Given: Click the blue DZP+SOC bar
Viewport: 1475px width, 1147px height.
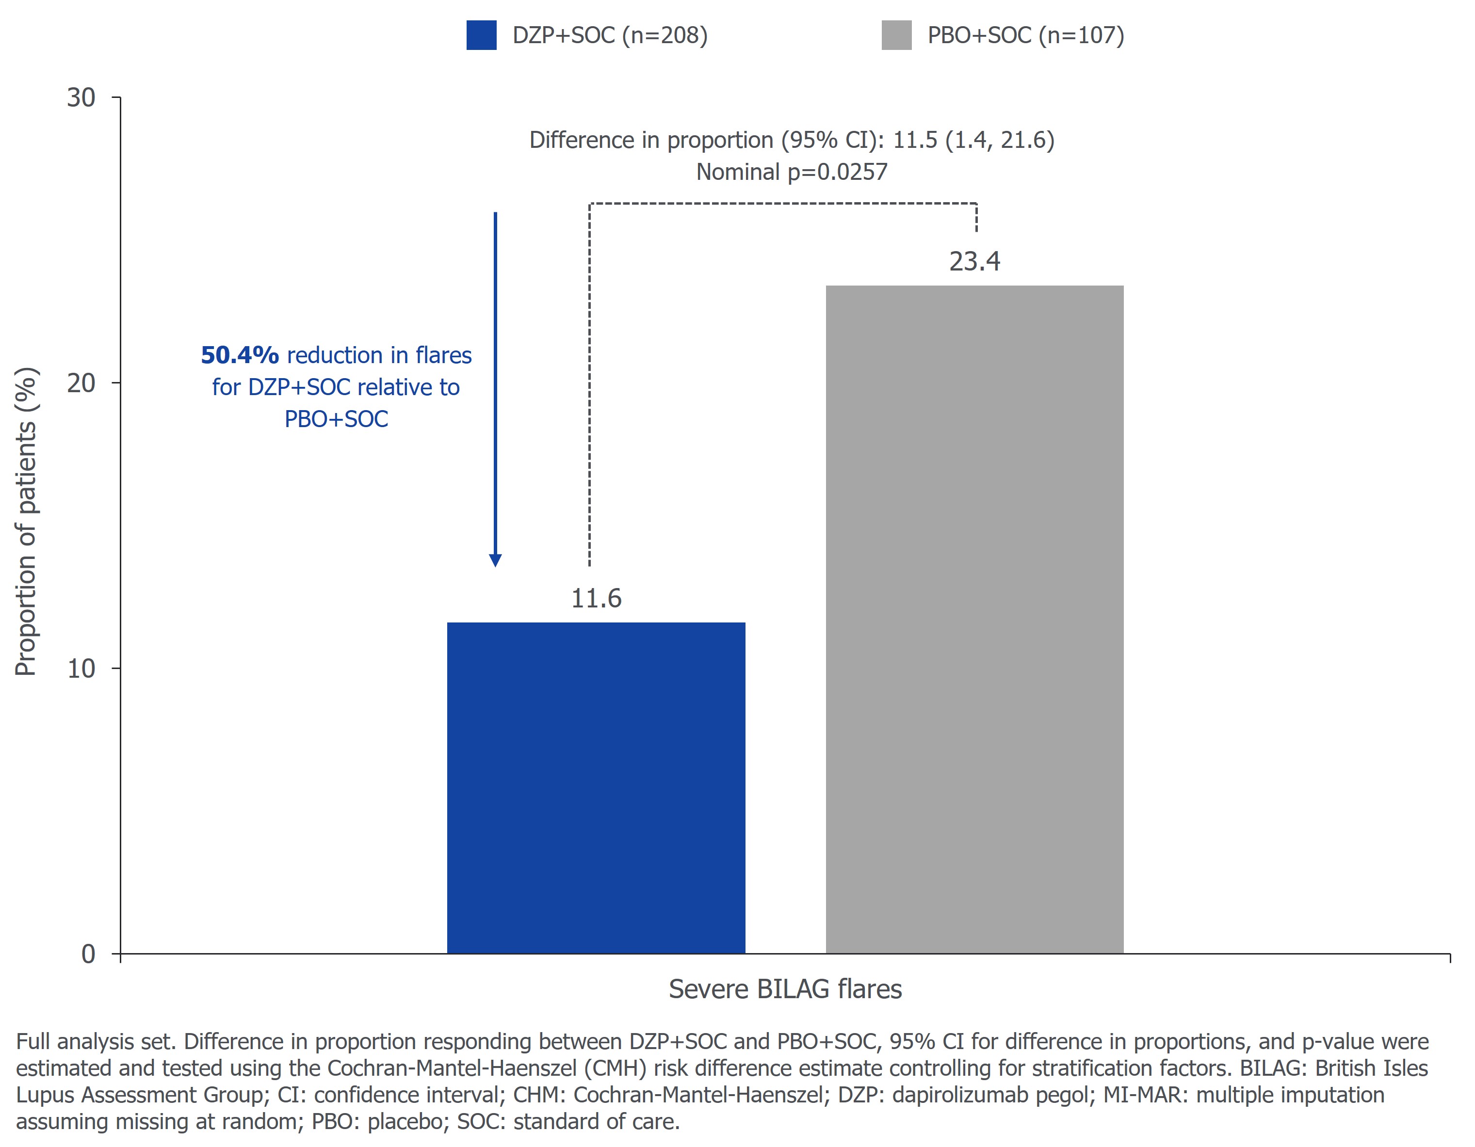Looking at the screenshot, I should [596, 787].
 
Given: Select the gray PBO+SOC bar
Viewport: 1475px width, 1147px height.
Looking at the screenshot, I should [974, 619].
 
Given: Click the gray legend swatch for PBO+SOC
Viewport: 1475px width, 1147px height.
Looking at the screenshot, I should [896, 35].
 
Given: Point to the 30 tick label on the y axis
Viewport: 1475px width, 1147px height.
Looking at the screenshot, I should [81, 98].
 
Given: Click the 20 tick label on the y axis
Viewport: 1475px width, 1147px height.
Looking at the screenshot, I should [81, 383].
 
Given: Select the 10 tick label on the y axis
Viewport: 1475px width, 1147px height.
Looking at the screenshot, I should [81, 669].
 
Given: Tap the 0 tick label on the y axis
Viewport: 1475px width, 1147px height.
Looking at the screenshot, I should [88, 954].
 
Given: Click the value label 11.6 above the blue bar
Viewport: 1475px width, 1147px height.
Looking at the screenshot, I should [596, 598].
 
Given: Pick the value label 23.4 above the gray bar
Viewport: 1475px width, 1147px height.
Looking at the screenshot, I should [974, 261].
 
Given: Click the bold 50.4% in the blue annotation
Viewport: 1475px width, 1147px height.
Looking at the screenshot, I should [240, 355].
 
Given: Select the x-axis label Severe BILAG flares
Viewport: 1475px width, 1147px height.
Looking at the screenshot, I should [785, 989].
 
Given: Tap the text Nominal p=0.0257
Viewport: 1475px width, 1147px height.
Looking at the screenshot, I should [792, 172].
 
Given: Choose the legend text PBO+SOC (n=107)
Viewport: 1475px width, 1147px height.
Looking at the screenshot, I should [1025, 35].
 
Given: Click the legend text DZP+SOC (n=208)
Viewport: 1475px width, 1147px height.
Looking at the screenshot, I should [610, 35].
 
